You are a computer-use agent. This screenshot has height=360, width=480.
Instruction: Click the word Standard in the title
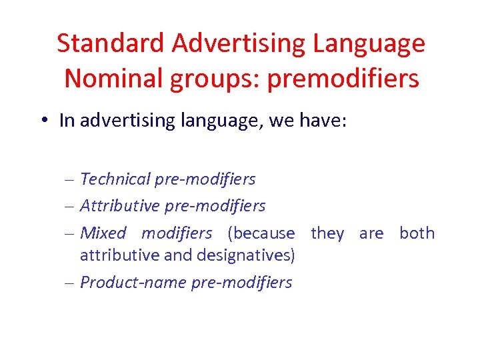coord(111,43)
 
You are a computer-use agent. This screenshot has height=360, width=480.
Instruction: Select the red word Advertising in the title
coord(237,43)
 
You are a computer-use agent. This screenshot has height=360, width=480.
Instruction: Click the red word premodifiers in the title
coord(343,79)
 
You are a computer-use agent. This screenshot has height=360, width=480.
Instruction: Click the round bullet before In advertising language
coord(43,121)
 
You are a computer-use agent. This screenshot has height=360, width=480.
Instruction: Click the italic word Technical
coord(115,179)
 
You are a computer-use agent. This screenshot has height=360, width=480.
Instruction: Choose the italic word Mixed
coord(103,233)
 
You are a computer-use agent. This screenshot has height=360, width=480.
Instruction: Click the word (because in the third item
coord(261,233)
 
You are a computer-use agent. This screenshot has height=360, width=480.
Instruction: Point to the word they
coord(327,233)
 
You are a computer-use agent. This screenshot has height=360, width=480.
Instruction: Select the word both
coord(417,233)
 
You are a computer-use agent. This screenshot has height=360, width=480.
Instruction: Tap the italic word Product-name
coord(133,283)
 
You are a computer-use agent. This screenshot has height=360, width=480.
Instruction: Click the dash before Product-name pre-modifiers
coord(71,283)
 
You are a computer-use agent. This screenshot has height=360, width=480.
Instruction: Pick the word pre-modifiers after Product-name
coord(241,283)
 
